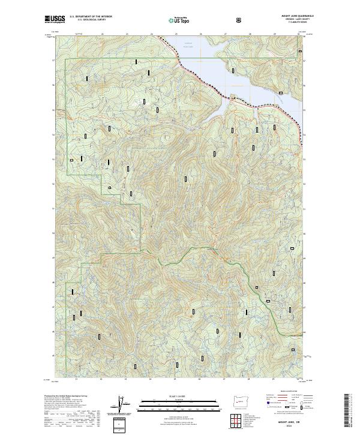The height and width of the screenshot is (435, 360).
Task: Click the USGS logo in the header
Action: pyautogui.click(x=55, y=20)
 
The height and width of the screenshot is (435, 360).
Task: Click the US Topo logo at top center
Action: pyautogui.click(x=179, y=20)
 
